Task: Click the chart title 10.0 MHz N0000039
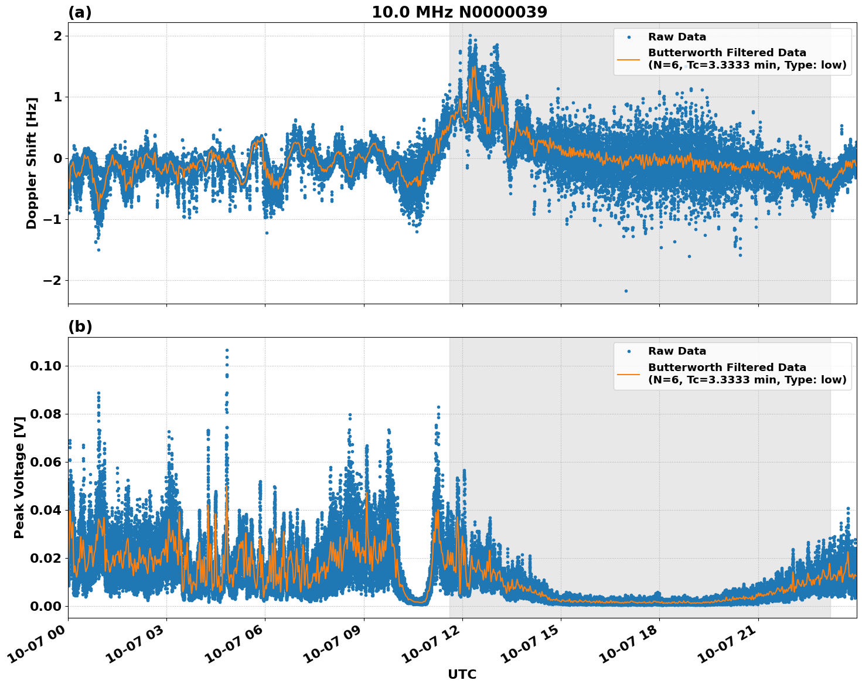[459, 12]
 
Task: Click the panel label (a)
[80, 12]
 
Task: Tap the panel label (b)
[80, 327]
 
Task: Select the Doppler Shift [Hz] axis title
[32, 163]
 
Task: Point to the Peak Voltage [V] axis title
[19, 477]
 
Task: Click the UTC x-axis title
[462, 675]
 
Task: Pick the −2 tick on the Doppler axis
[53, 280]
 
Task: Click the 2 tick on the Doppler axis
[57, 36]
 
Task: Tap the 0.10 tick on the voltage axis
[46, 366]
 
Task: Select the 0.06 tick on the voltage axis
[46, 462]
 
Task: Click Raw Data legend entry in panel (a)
[677, 37]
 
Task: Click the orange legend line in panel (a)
[629, 59]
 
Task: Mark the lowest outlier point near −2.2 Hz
[626, 291]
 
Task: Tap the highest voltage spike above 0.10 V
[227, 351]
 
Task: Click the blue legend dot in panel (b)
[629, 351]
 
